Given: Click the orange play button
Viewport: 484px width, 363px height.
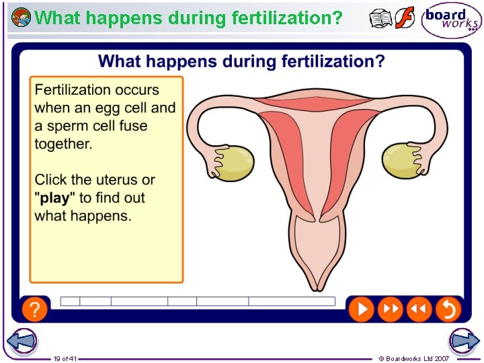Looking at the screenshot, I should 361,309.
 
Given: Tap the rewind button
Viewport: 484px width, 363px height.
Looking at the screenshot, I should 418,309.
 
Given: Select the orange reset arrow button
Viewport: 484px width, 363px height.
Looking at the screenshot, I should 448,309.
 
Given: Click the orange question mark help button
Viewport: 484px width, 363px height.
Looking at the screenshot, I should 35,309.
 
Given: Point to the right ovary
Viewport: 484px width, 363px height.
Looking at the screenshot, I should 401,162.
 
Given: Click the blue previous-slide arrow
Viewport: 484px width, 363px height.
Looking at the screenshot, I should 22,341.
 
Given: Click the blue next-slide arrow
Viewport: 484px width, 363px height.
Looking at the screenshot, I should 464,341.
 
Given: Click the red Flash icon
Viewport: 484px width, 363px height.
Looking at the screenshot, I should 405,18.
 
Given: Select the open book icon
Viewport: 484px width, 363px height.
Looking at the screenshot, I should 380,19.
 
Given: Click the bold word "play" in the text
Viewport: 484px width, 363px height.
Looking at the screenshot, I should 54,198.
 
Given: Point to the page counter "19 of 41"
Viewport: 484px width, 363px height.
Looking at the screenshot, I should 65,358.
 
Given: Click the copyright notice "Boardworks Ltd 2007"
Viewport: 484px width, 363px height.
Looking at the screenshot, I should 417,358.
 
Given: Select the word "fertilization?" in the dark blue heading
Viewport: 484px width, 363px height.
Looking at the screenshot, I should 333,62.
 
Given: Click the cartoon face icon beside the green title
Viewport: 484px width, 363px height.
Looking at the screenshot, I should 21,17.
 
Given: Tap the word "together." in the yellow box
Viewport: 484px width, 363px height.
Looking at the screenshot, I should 63,144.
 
